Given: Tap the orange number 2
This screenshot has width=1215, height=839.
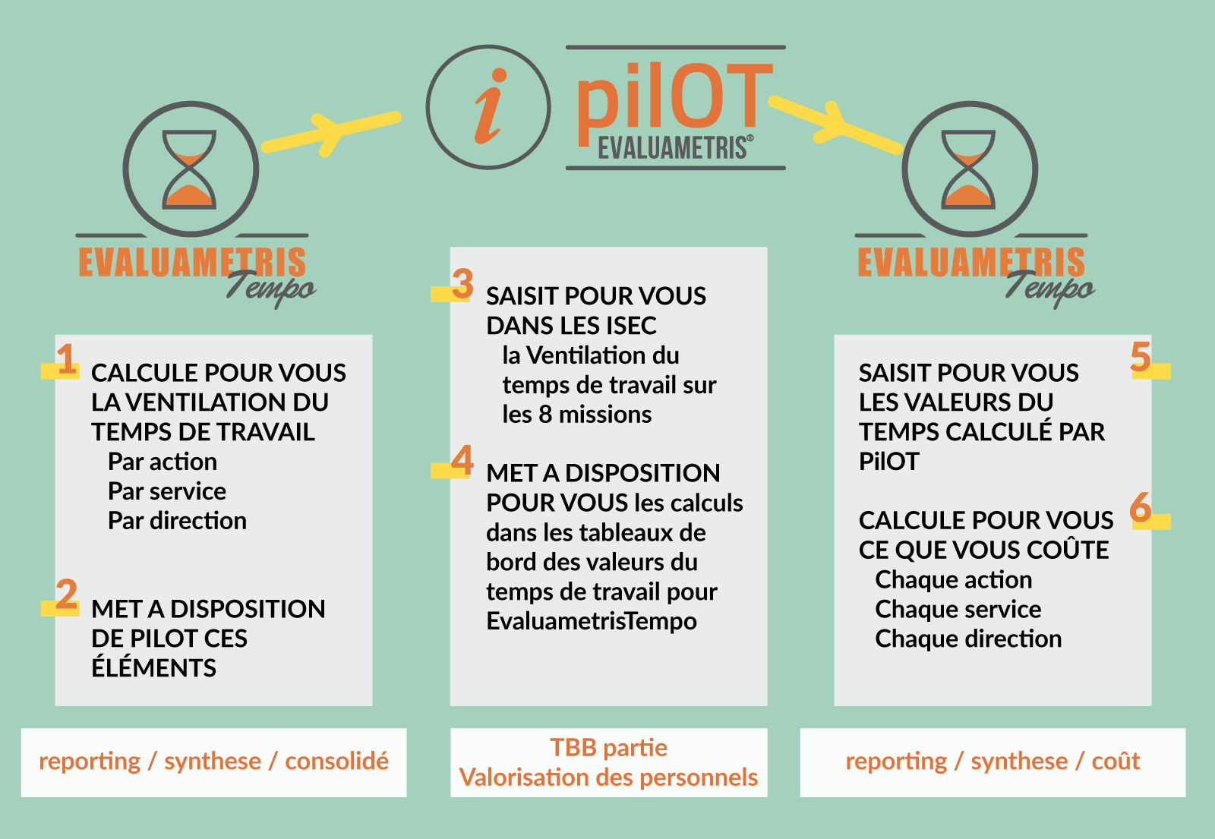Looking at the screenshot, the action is click(67, 594).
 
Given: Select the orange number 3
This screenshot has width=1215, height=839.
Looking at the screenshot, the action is click(462, 284).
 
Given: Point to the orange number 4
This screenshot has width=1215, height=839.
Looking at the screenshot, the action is click(462, 460).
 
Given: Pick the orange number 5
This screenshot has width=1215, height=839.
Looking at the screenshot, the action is click(1140, 356).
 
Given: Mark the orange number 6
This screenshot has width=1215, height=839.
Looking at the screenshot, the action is click(1140, 506).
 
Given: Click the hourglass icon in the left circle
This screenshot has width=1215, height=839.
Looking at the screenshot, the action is click(189, 169).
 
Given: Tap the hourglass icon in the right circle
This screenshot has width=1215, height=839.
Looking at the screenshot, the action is click(968, 169).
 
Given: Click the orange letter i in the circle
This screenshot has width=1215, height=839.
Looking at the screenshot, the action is click(490, 106).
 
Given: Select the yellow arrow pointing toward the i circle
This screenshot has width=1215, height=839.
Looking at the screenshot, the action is click(332, 133).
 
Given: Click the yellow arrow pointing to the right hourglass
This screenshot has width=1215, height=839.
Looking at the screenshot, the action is click(835, 124).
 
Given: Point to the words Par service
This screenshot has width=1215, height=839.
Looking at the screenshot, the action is click(167, 491).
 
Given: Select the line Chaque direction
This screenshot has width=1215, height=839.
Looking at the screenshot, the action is click(968, 639).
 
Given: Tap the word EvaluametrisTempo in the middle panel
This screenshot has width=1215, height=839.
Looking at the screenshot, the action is click(592, 621).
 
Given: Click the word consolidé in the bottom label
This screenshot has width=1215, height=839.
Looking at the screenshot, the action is click(337, 761).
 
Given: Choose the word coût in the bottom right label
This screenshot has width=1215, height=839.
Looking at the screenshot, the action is click(1116, 761).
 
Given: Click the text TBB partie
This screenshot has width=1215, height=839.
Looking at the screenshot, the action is click(608, 748).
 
